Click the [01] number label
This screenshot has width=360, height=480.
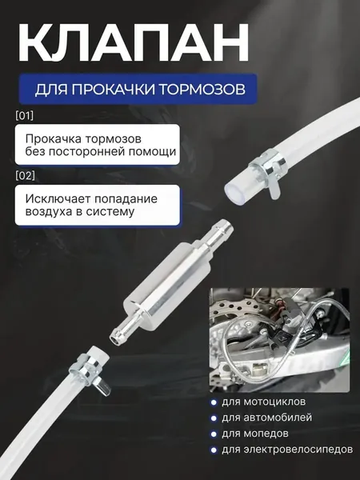pyautogui.click(x=25, y=116)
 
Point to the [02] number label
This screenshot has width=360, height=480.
pyautogui.click(x=25, y=176)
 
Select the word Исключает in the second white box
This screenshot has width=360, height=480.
pyautogui.click(x=58, y=198)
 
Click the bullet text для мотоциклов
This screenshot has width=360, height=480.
pyautogui.click(x=263, y=402)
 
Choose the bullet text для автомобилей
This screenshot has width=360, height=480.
pyautogui.click(x=267, y=417)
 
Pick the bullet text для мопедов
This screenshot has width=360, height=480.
pyautogui.click(x=255, y=434)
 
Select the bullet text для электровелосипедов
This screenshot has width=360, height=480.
pyautogui.click(x=287, y=450)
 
